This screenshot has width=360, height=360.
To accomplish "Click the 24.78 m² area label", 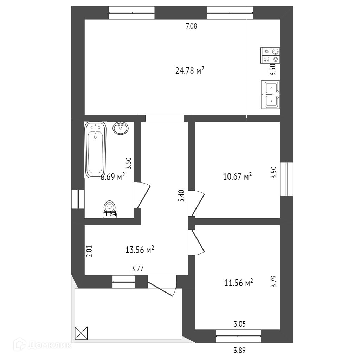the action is pos(190,71).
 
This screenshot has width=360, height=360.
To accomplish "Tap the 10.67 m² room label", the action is pos(238,176).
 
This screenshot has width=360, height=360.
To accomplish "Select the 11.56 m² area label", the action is pos(239,283).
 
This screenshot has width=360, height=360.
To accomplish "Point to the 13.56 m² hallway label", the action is pos(140,250).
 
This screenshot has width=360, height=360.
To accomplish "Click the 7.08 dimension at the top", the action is pos(191,26).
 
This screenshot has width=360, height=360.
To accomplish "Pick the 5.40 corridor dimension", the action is pos(181,196).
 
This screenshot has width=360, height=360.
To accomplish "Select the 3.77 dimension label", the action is pos(137,270).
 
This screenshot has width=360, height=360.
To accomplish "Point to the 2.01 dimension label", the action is pos(89,251).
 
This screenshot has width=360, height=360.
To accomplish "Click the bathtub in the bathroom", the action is pos(96,149).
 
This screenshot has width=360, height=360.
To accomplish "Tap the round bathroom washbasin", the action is pos(121,128).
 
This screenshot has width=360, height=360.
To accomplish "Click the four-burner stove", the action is pos(270,56).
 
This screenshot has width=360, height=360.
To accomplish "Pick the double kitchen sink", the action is pos(270,94).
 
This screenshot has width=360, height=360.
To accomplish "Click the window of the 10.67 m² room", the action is pos(287,179).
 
